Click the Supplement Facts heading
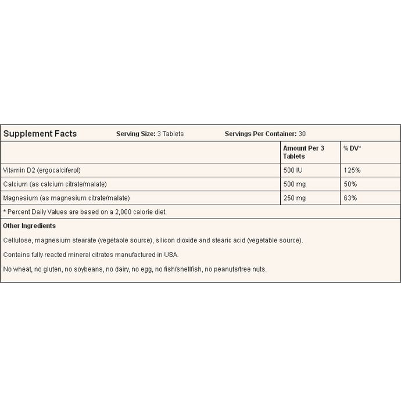pos(40,134)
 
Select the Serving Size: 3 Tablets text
pos(150,134)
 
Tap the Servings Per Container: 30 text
pos(265,134)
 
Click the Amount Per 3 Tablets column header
pos(303,152)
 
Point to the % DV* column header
pos(352,148)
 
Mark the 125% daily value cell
pos(352,170)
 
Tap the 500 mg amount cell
pos(295,184)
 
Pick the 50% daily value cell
pos(350,184)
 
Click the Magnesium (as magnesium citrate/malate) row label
pos(66,198)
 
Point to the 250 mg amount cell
pos(295,198)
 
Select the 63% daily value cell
pos(350,198)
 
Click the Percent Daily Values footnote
pos(85,212)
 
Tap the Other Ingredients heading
pos(29,226)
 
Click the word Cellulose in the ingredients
pos(17,240)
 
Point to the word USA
pos(173,255)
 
